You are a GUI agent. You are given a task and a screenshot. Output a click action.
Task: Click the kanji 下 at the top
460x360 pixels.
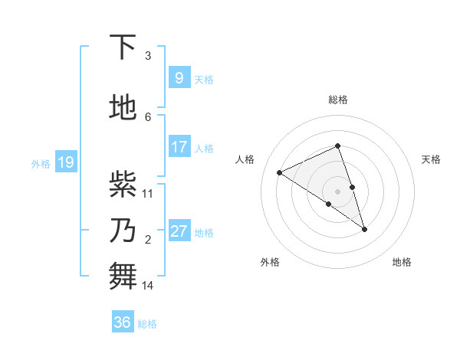[x=123, y=47]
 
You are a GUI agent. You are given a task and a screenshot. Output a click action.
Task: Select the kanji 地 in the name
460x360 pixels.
[x=123, y=108]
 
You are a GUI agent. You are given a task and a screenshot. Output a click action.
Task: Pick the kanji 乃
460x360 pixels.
[x=123, y=231]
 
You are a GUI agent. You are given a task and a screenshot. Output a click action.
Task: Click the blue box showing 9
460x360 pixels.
[x=179, y=77]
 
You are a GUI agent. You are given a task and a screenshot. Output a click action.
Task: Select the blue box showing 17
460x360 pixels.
[x=179, y=146]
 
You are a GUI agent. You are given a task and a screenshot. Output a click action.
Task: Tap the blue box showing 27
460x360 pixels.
[x=179, y=231]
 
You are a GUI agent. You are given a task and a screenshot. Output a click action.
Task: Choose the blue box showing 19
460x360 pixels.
[x=65, y=162]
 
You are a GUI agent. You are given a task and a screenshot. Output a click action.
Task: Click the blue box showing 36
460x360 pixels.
[x=123, y=322]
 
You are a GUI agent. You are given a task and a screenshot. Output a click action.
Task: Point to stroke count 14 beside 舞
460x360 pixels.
[x=149, y=286]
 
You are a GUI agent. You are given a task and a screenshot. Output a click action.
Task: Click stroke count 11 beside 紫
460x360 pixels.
[x=149, y=194]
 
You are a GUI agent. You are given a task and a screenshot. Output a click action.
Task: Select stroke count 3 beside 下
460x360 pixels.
[x=148, y=56]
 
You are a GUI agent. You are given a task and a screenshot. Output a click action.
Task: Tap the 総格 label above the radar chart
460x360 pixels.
[x=338, y=100]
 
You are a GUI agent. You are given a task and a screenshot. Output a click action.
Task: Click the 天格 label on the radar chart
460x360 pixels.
[x=431, y=159]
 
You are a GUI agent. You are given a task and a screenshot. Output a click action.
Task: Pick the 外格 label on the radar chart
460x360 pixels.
[x=270, y=262]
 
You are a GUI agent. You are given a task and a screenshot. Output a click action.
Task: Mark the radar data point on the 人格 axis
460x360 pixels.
[x=280, y=172]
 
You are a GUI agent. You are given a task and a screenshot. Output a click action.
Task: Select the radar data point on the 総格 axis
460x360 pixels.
[x=337, y=146]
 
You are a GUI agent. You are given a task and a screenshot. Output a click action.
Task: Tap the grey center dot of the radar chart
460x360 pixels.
[x=337, y=191]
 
